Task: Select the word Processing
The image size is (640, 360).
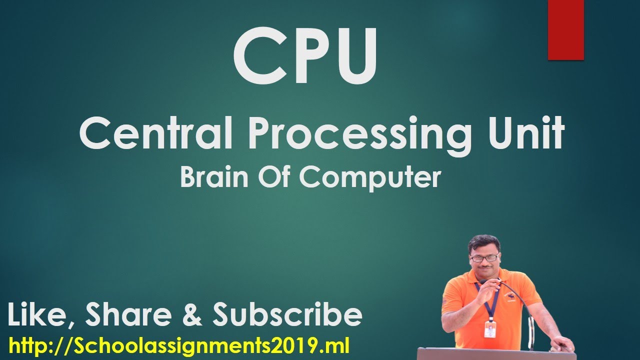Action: (359, 134)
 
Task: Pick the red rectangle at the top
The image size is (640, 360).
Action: (565, 29)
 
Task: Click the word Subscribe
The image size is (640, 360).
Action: (287, 315)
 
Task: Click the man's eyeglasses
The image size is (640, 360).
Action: (484, 258)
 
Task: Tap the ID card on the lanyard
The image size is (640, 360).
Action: (490, 329)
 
